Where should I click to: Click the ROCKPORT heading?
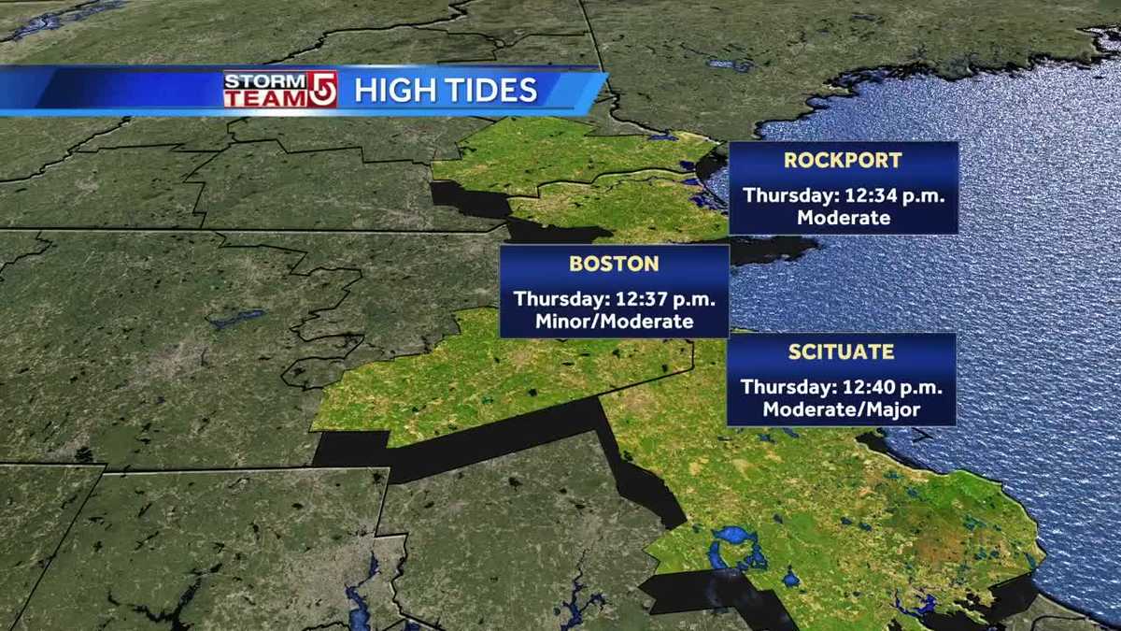[x=843, y=160]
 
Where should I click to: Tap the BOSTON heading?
[x=614, y=264]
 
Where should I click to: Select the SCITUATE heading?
[x=841, y=352]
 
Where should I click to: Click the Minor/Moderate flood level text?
[x=614, y=323]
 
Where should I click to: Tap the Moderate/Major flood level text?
[x=841, y=409]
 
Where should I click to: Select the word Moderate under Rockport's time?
[x=843, y=218]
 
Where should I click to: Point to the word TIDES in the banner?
[x=492, y=90]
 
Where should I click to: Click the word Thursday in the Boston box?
[x=559, y=300]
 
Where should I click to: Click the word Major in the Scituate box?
[x=890, y=409]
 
